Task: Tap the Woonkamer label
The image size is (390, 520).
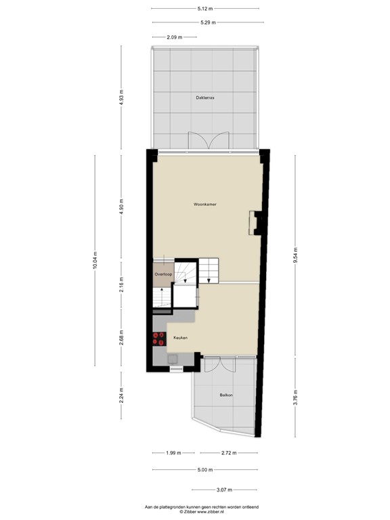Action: coord(204,204)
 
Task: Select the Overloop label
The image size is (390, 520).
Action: coord(162,274)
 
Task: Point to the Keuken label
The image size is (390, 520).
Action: coord(179,337)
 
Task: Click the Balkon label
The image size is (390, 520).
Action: coord(225,395)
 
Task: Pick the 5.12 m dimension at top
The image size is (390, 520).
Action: coord(206,9)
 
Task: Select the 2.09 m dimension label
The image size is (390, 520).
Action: coord(175,37)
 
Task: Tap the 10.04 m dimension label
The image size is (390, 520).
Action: coord(95,261)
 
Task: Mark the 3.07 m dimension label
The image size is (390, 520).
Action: coord(225,490)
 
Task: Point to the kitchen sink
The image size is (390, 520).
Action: coord(174,359)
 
